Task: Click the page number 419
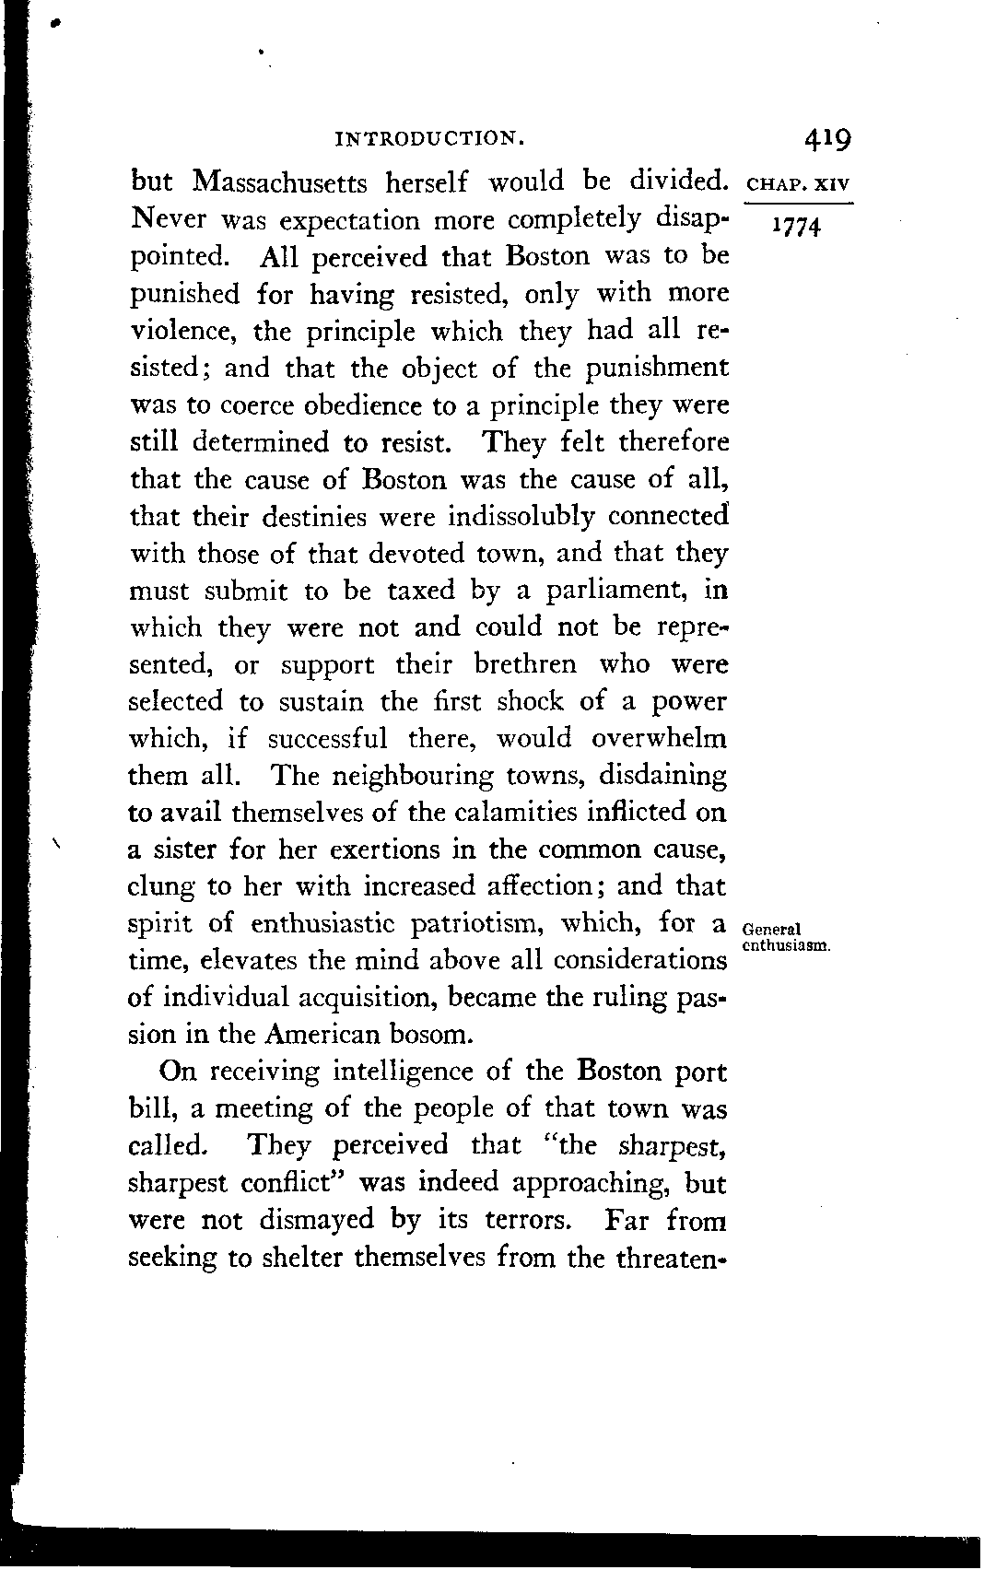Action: [826, 139]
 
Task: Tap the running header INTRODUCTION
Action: [430, 140]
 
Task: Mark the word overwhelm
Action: [659, 738]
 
